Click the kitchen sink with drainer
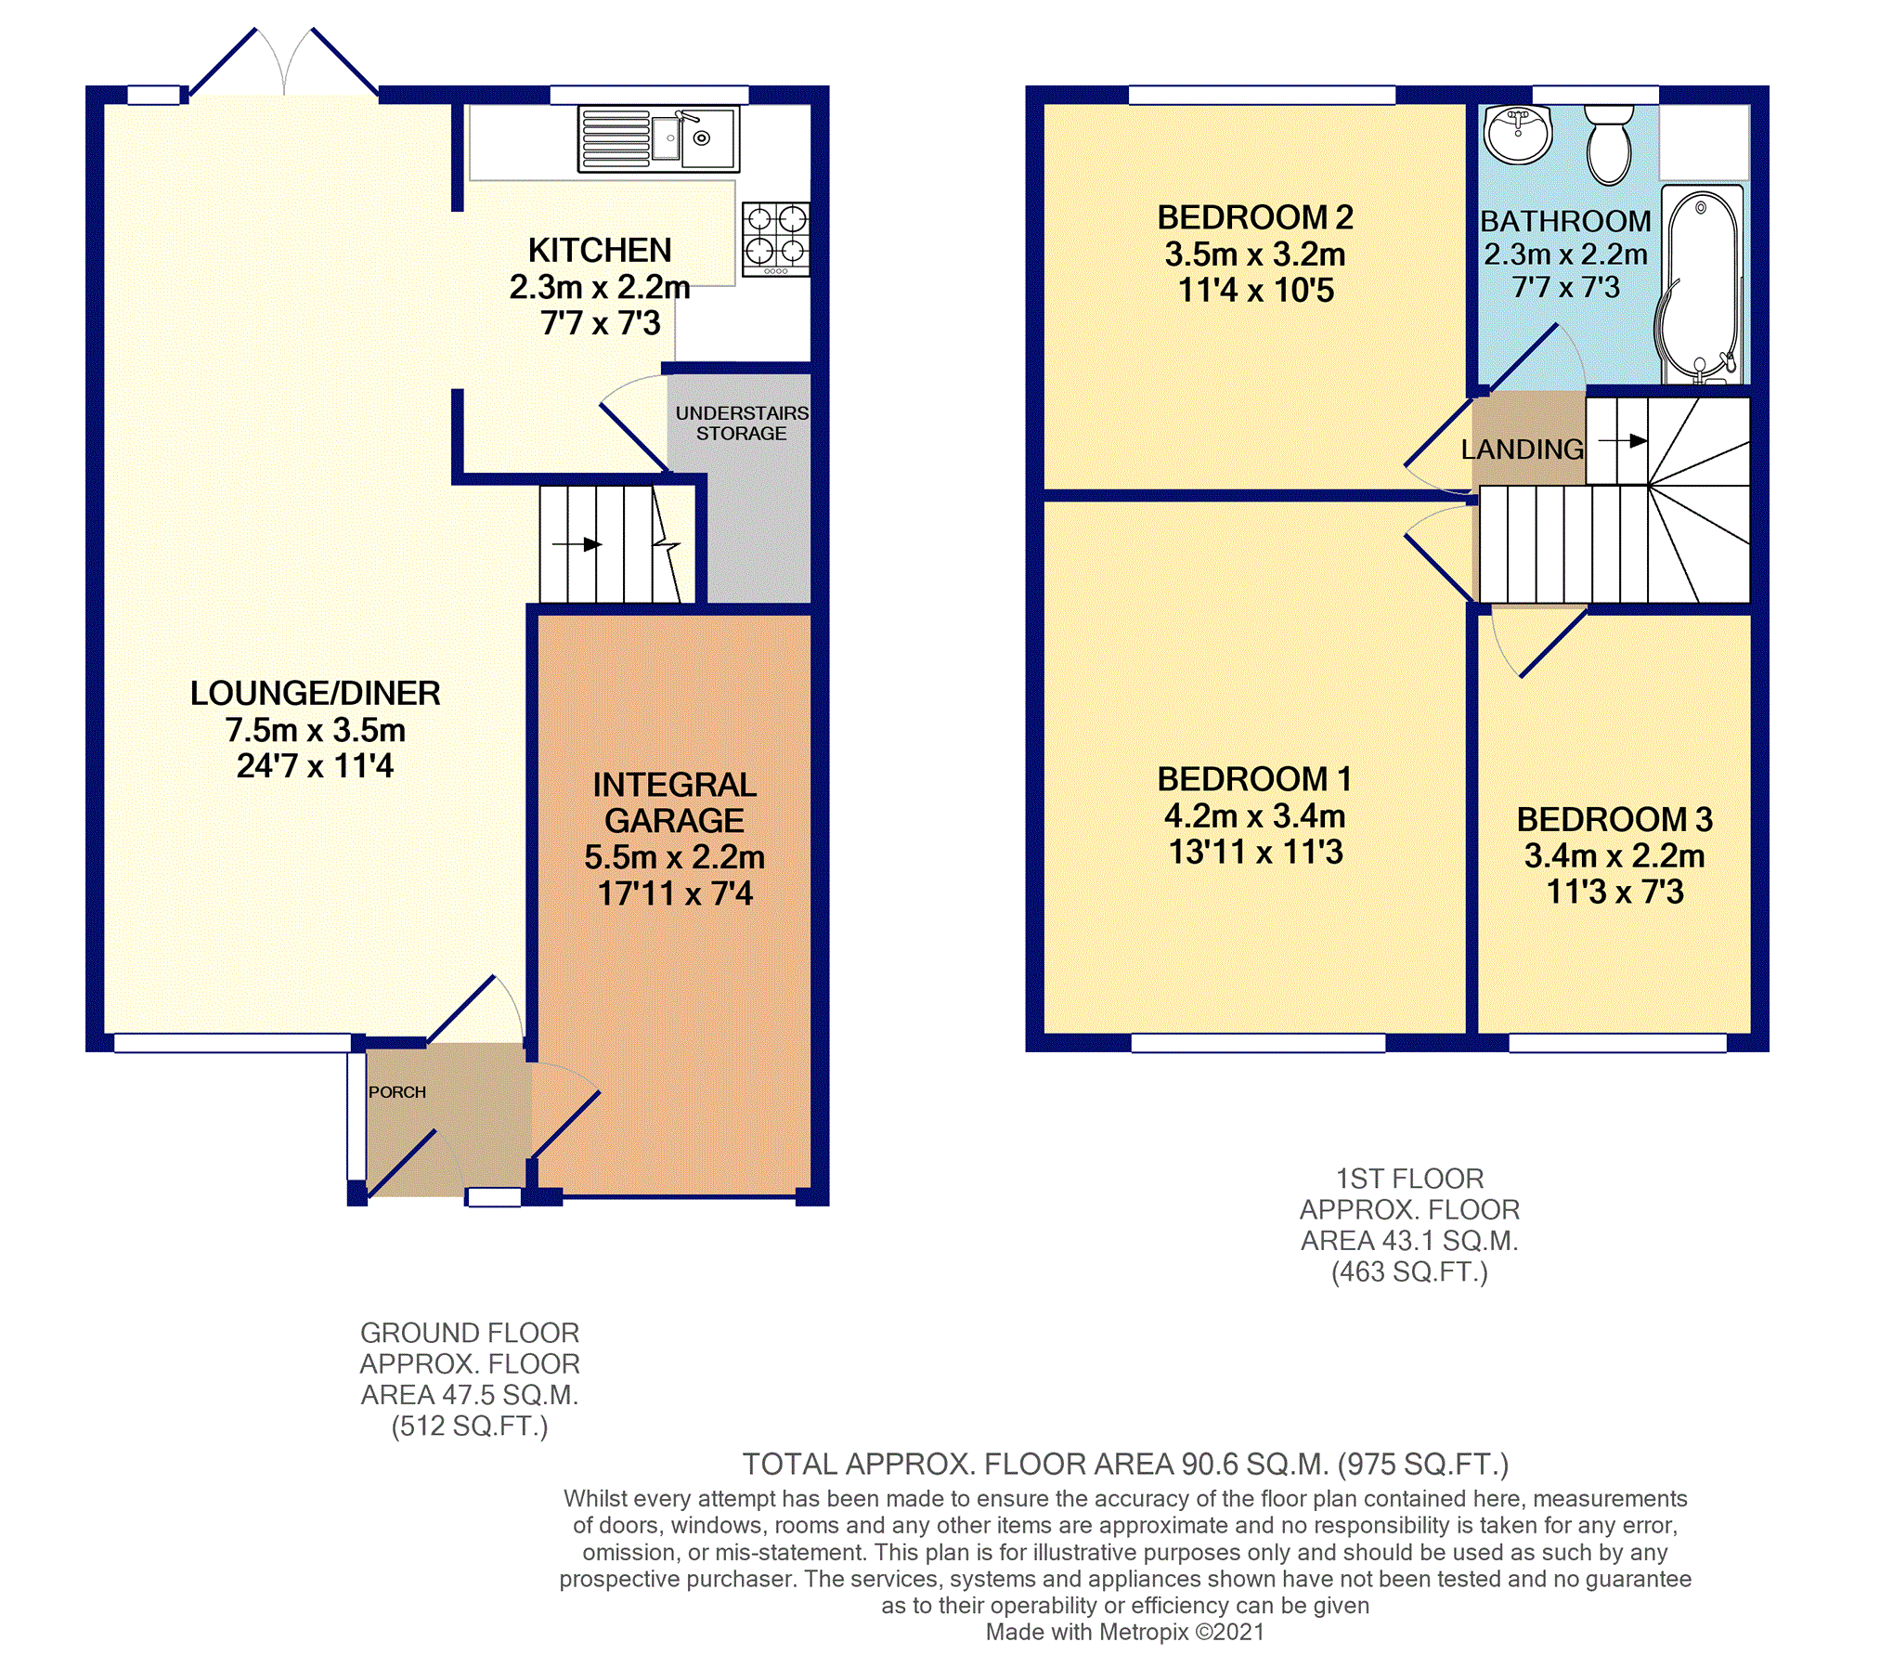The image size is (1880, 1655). [x=658, y=139]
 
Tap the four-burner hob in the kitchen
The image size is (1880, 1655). [x=776, y=240]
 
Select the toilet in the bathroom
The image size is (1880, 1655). [x=1609, y=145]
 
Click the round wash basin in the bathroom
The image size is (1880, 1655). [x=1517, y=135]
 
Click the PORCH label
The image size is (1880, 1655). [x=397, y=1092]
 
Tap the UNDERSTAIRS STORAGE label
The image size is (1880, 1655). [x=742, y=423]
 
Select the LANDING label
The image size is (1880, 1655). [x=1523, y=450]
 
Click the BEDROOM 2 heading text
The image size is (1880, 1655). [x=1255, y=217]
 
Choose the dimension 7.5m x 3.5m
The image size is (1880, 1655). [x=316, y=730]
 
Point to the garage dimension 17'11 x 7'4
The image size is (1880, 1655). [x=675, y=893]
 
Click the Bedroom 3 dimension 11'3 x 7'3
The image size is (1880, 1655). [x=1614, y=892]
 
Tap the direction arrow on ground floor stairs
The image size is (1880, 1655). [x=577, y=544]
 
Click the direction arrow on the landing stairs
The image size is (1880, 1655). [x=1623, y=441]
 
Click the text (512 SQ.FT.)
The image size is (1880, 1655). [x=470, y=1426]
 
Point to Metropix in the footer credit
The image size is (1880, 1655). [x=1145, y=1632]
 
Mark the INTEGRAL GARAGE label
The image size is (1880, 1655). [x=675, y=802]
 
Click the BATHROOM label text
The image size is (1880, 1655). [x=1566, y=221]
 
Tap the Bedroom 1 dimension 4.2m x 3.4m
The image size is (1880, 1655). [x=1255, y=815]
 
